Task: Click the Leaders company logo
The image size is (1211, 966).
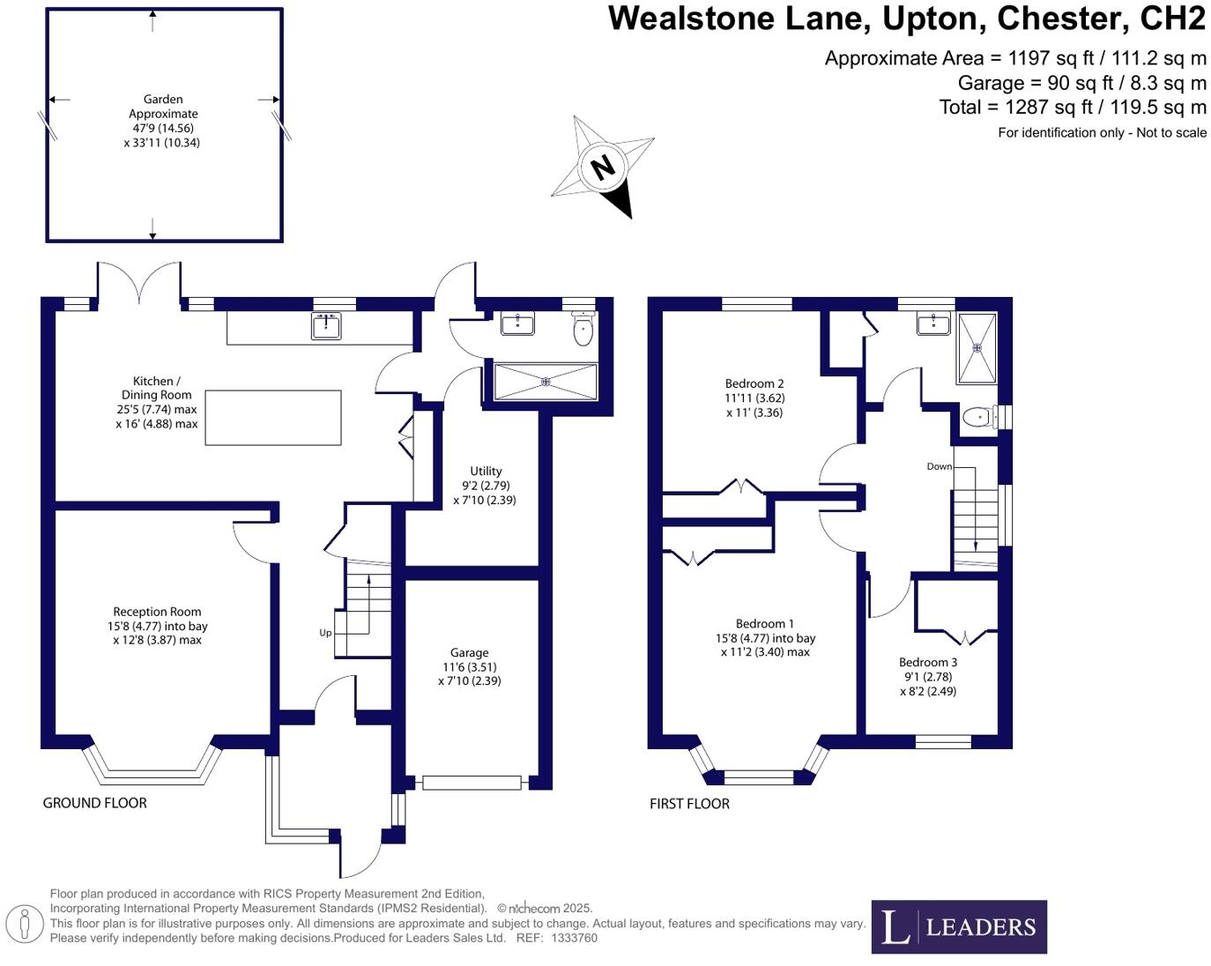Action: click(959, 926)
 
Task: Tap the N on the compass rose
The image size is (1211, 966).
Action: click(603, 167)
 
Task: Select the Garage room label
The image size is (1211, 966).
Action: click(469, 653)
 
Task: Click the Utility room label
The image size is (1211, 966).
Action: click(486, 472)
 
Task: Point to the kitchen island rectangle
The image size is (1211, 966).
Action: click(273, 418)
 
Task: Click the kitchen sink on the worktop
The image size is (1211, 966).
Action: click(326, 326)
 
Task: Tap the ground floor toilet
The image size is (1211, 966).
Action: click(583, 330)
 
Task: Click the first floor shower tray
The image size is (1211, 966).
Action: click(976, 348)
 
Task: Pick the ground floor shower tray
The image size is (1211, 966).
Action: click(546, 382)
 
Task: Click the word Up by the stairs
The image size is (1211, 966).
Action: click(325, 633)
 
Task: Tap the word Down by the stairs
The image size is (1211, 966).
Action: click(939, 466)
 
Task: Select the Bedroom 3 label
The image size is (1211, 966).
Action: click(927, 662)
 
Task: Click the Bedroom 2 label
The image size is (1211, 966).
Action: click(754, 383)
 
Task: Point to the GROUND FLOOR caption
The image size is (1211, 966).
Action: click(95, 803)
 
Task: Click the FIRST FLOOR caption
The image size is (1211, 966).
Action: click(689, 804)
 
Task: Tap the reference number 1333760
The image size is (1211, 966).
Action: click(574, 938)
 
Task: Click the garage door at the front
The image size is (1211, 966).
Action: click(472, 782)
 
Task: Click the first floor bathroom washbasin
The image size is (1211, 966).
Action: click(932, 324)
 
